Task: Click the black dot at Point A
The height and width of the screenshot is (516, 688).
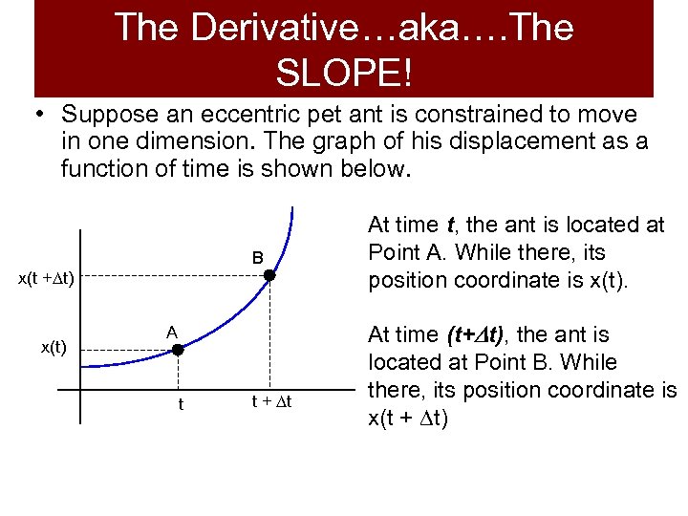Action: [x=177, y=351]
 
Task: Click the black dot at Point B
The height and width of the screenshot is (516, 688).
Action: [x=269, y=276]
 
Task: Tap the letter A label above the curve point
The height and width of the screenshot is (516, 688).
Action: [x=171, y=332]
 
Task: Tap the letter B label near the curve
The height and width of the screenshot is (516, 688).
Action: [x=258, y=258]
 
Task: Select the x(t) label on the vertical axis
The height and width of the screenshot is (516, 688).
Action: [x=53, y=348]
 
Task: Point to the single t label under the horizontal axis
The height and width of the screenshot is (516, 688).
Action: [x=181, y=403]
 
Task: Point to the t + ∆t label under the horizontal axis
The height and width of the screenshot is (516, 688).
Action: [x=269, y=401]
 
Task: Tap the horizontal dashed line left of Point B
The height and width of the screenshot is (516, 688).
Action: [x=172, y=276]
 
